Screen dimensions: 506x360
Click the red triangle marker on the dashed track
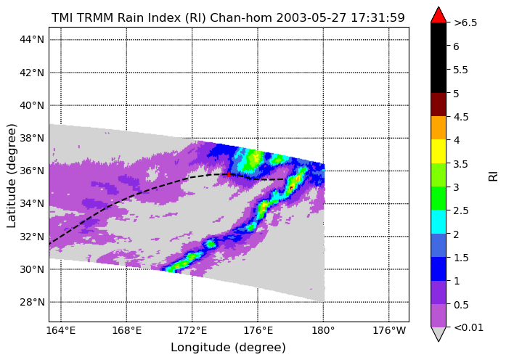coord(229,174)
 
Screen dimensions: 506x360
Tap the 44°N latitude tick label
coord(32,39)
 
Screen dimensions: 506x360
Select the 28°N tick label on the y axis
coord(32,302)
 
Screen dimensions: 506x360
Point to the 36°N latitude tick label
coord(32,171)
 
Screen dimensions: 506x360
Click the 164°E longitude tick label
coord(61,331)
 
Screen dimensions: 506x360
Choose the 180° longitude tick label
coord(323,331)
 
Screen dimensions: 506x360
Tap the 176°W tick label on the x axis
coord(389,331)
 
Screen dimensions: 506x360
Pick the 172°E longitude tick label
coord(192,331)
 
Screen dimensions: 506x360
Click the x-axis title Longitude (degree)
coord(228,348)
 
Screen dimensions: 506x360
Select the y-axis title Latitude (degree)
coord(12,175)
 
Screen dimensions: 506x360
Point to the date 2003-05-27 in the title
coord(311,17)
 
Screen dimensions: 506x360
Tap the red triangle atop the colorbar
coord(438,15)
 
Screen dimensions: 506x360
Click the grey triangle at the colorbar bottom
coord(438,333)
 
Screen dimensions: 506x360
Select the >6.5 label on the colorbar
coord(465,23)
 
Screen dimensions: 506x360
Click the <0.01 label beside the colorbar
coord(468,327)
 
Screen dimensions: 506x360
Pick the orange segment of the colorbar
coord(438,128)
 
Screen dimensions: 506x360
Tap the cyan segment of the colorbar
coord(438,221)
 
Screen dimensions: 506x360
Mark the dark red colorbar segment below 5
coord(438,105)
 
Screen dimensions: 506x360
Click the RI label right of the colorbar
coord(494,176)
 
